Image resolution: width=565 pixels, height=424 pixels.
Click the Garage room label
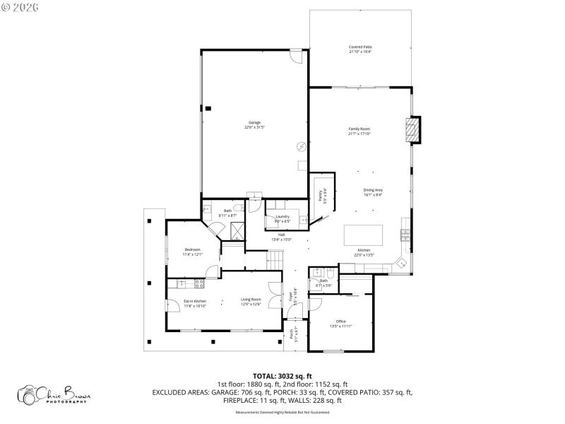[254, 124]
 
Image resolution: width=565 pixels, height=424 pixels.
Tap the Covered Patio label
[360, 49]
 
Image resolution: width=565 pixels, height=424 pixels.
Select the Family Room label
[359, 131]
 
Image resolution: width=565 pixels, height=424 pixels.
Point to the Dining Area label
[373, 192]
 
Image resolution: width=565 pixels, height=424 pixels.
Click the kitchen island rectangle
[363, 234]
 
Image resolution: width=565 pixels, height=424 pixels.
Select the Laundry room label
[283, 218]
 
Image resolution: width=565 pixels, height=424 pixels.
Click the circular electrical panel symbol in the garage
[302, 146]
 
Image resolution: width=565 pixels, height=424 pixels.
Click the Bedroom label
[193, 251]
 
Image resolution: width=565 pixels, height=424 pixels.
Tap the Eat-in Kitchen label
[195, 303]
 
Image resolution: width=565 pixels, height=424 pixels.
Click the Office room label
[340, 323]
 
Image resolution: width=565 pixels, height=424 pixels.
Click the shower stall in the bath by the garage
[238, 230]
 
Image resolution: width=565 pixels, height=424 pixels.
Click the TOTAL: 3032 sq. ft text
[282, 376]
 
